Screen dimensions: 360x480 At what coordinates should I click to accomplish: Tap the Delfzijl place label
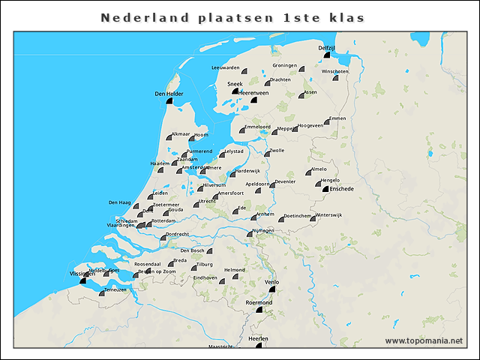(326, 48)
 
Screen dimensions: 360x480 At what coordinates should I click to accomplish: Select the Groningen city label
(285, 65)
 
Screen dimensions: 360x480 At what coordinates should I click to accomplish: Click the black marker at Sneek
(235, 91)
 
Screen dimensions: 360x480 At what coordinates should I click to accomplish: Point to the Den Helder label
(169, 94)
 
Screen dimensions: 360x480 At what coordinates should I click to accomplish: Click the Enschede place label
(341, 188)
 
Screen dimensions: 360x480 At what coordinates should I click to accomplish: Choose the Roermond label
(260, 302)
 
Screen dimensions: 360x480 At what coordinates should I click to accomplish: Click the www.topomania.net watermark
(424, 340)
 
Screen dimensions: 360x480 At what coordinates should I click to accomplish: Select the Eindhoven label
(205, 277)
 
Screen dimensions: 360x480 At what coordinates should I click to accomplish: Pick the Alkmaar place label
(181, 133)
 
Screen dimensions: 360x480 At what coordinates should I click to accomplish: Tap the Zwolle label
(277, 150)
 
